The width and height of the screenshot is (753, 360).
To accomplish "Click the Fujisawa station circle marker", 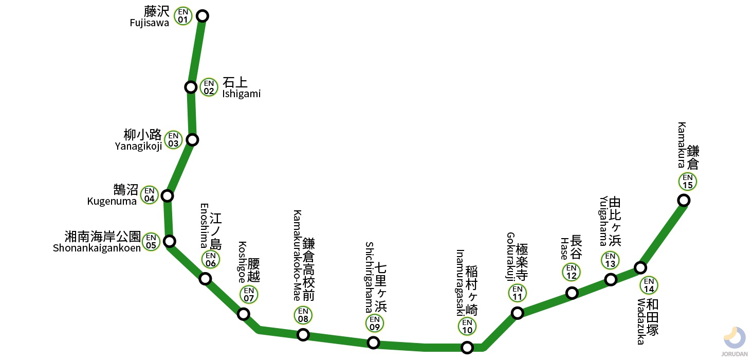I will coord(203,16).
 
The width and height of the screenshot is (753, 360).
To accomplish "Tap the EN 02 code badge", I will coord(209,87).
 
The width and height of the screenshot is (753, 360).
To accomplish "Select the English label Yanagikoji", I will coord(138,146).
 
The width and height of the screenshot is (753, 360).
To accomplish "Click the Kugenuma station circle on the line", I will coord(167,196).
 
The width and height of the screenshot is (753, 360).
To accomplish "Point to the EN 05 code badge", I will coord(151,241).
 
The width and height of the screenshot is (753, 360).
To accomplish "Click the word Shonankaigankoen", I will coord(97,248).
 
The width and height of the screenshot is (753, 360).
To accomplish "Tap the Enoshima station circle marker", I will coord(205,279).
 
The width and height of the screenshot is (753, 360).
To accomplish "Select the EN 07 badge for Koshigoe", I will coord(249,295).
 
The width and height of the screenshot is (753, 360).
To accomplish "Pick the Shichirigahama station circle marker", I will coord(374,343).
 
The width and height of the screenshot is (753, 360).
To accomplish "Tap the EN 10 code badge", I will coord(467,327).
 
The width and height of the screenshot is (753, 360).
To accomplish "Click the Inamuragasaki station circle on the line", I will coord(467,348).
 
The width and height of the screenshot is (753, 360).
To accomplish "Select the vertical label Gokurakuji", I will coord(510,257).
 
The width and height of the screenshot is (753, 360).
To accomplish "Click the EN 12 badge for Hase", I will coord(571,272).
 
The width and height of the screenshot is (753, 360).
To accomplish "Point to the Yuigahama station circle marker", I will coord(611,280).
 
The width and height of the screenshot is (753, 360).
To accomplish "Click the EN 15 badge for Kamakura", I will coord(688,182).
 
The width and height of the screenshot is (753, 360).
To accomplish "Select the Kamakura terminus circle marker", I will coord(684,200).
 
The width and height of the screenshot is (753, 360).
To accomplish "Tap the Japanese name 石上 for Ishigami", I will coord(235,83).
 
